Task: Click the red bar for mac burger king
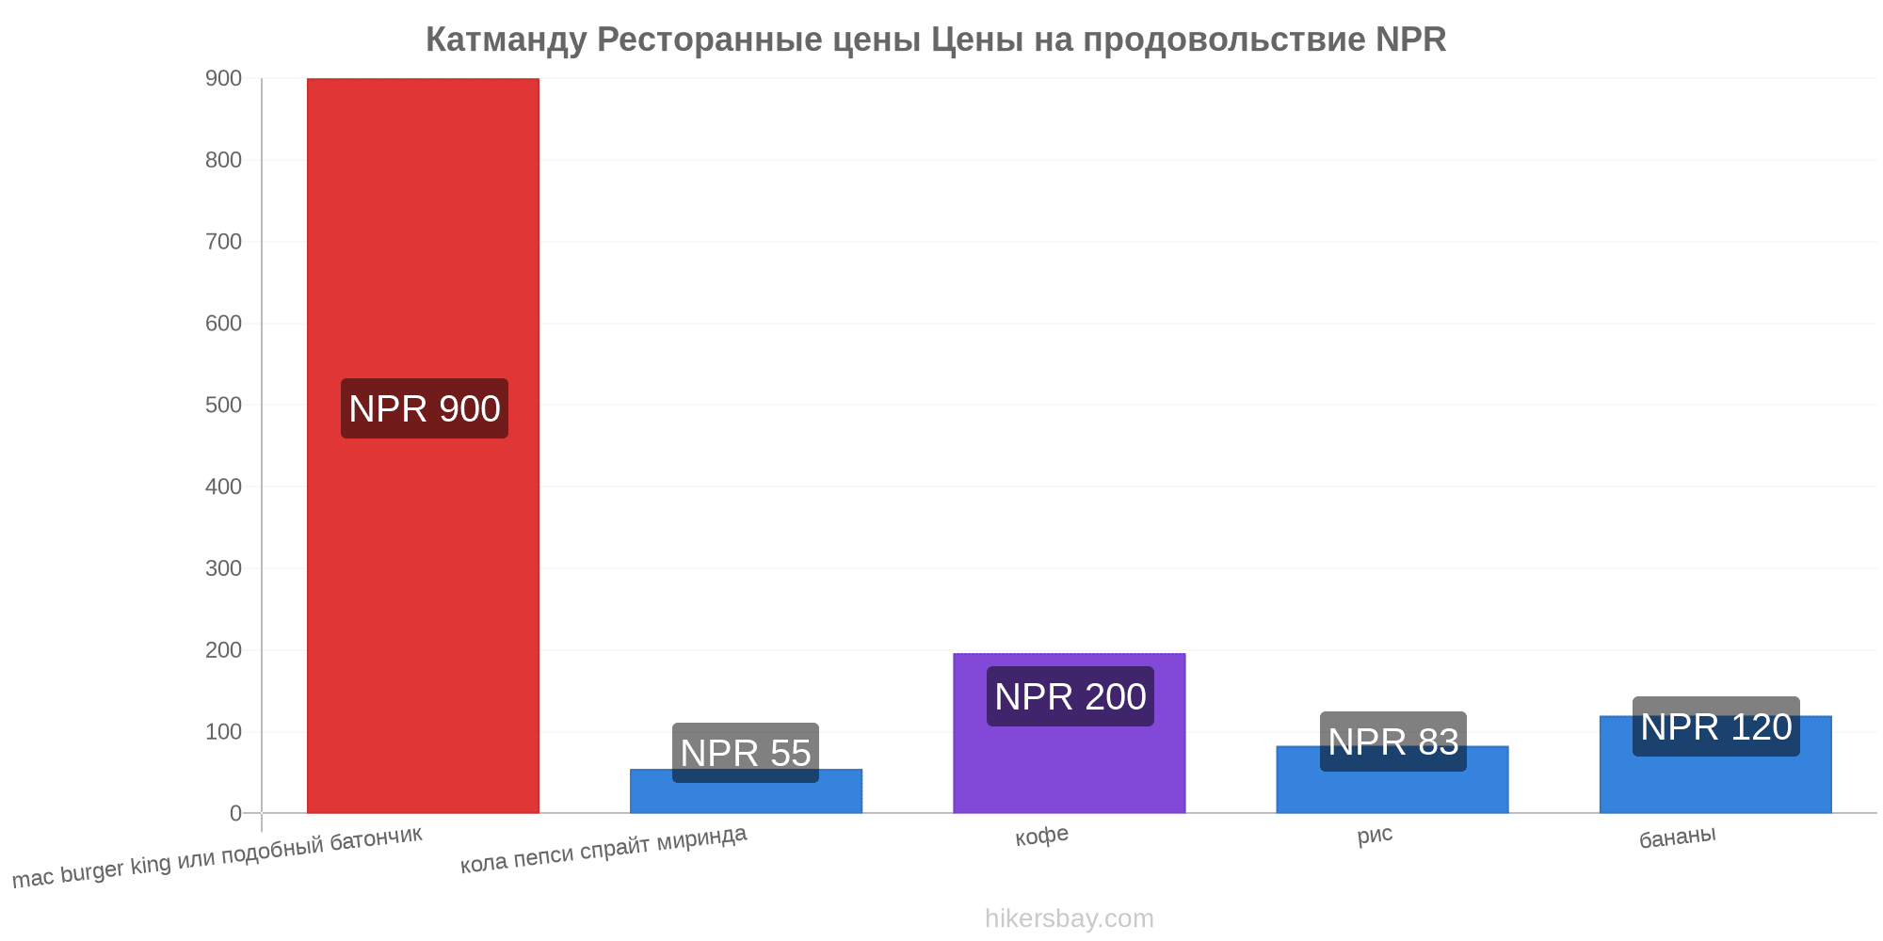point(423,445)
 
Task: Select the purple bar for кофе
point(1069,733)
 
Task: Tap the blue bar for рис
point(1392,779)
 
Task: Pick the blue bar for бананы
point(1715,764)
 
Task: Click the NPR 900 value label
point(425,408)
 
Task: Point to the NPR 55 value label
point(746,753)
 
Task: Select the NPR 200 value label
point(1070,696)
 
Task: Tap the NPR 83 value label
point(1393,742)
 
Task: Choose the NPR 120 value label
point(1716,726)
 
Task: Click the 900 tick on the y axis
point(224,78)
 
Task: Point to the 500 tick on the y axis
point(224,405)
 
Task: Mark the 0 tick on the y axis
point(236,813)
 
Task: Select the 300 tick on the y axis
point(224,568)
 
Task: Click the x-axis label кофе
point(1042,836)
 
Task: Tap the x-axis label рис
point(1376,835)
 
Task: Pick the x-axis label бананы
point(1678,836)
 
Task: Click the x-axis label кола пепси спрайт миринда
point(604,849)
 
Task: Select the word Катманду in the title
point(507,40)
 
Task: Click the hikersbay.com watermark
point(1070,918)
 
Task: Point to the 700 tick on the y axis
point(224,242)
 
